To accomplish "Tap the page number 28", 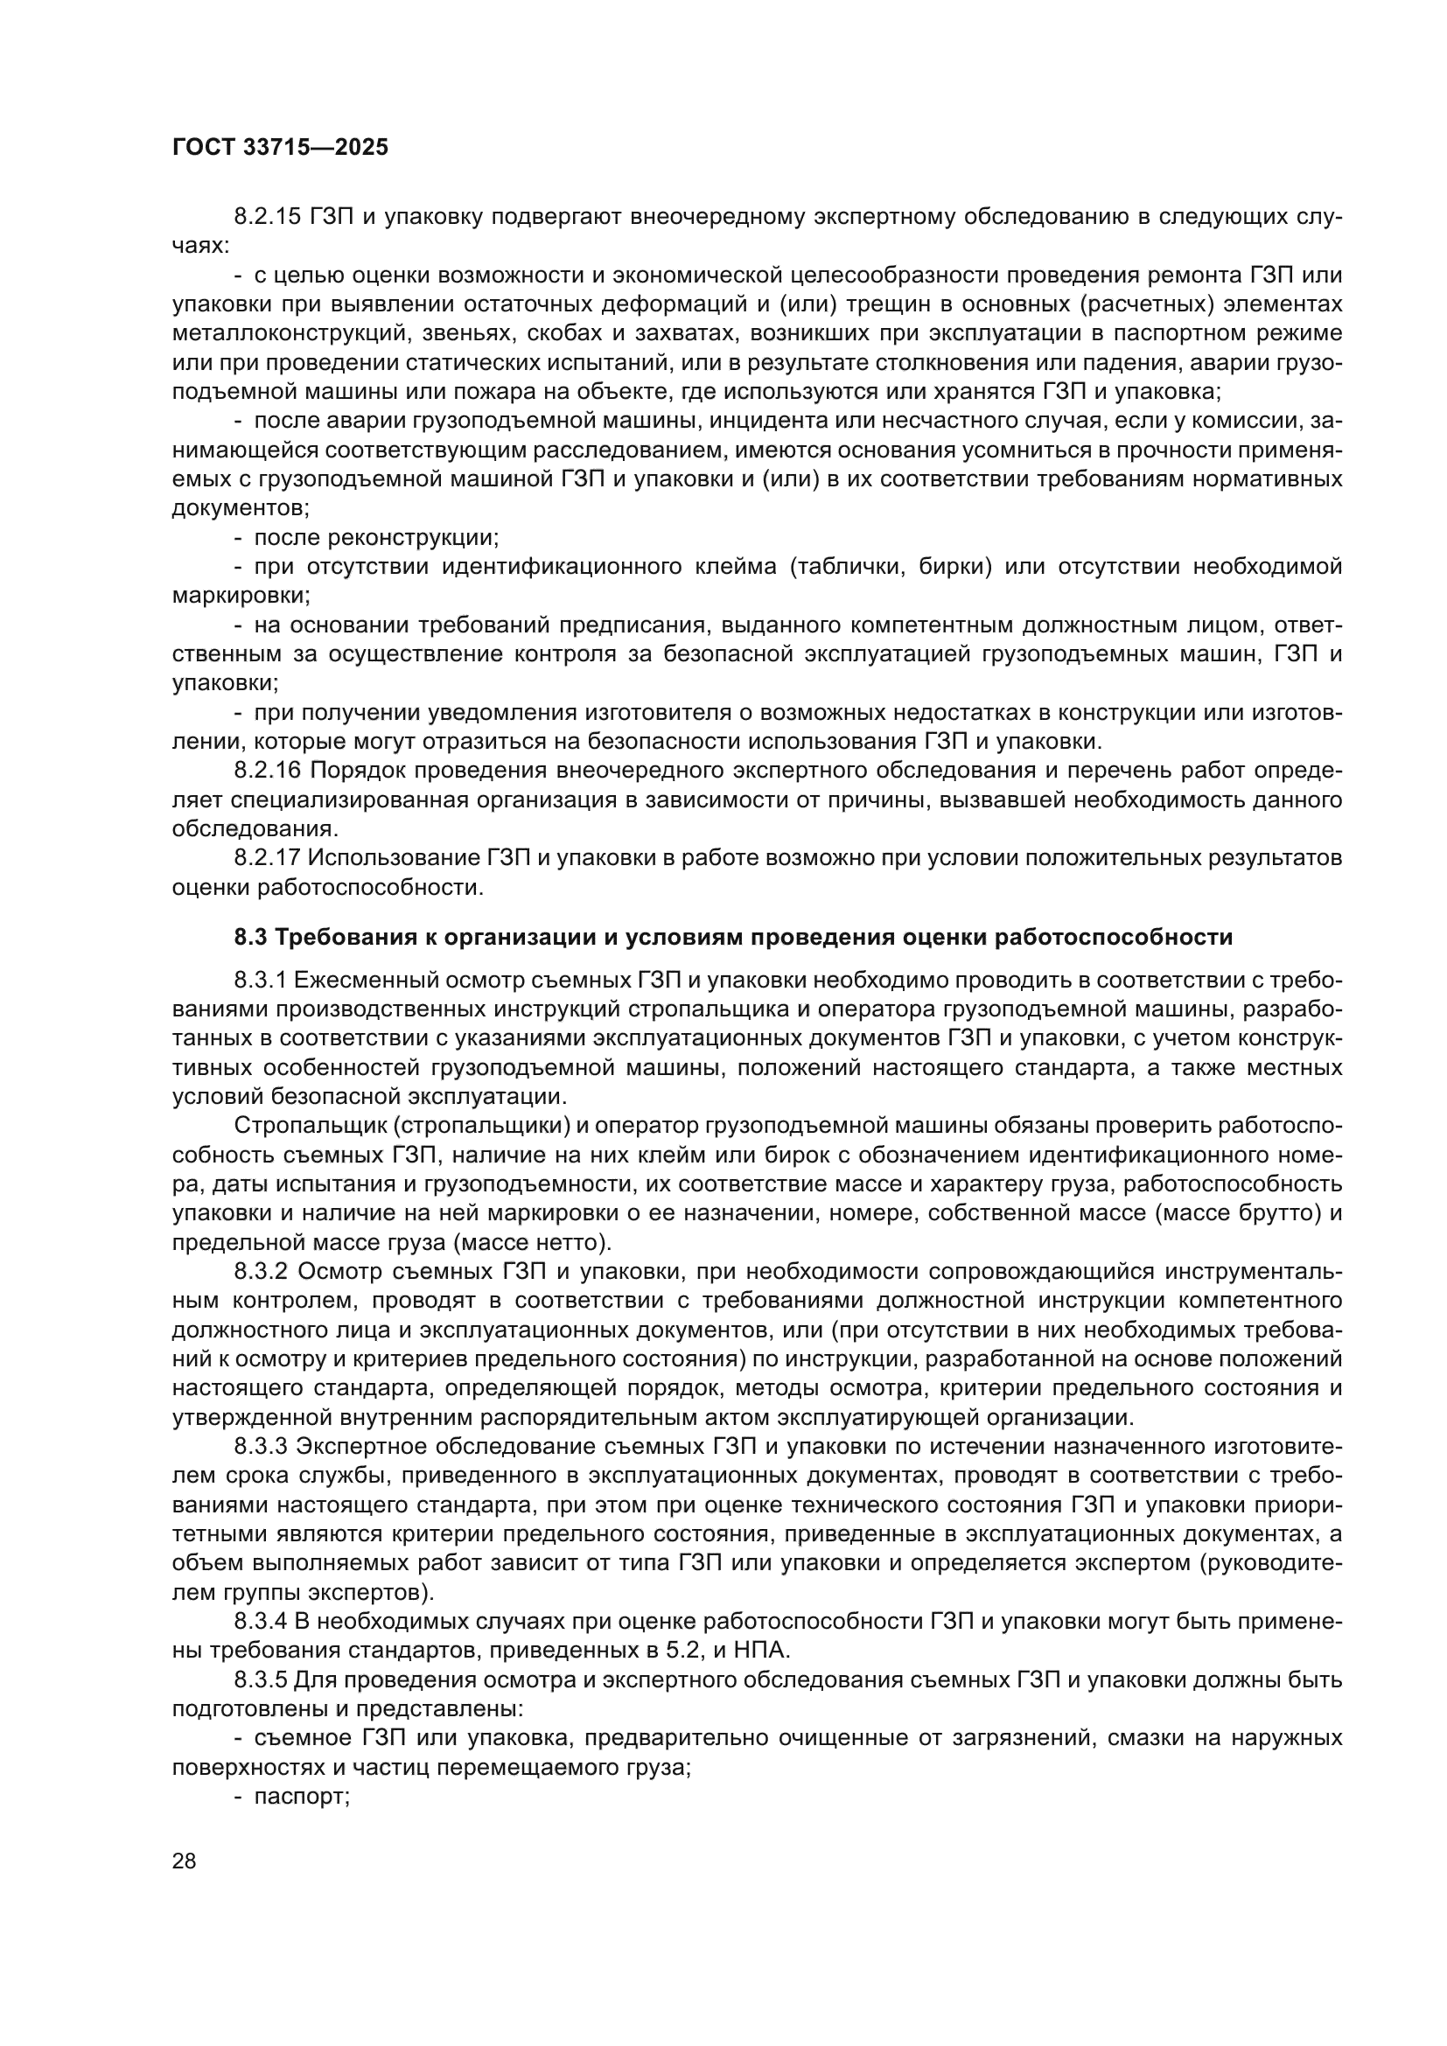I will (185, 1861).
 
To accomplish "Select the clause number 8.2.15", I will (269, 217).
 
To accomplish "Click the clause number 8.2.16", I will (269, 771).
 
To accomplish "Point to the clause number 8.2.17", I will (268, 858).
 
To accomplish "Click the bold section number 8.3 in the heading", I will (251, 938).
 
